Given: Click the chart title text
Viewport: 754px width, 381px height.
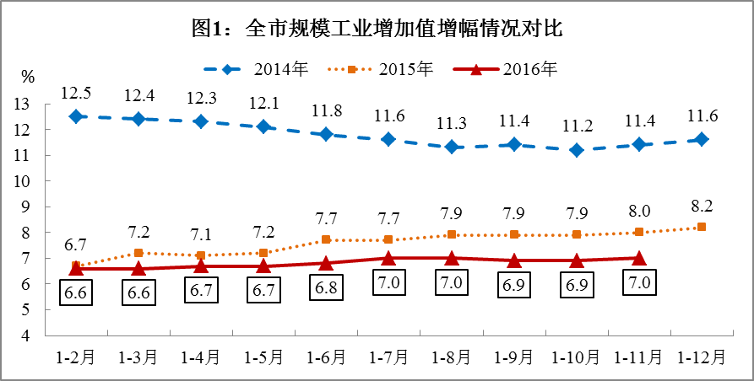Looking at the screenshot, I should click(x=377, y=29).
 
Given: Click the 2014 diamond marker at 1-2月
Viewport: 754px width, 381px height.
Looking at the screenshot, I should click(x=76, y=116).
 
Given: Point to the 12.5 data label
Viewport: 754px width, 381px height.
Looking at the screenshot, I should click(x=76, y=93).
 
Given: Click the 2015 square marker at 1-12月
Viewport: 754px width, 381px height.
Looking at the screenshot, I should click(x=702, y=227).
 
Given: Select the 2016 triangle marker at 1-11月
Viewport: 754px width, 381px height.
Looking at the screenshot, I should click(x=639, y=258).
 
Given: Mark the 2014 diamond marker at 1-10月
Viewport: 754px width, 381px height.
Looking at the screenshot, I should click(x=577, y=150).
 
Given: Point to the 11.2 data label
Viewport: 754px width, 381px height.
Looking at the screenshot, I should click(x=577, y=126).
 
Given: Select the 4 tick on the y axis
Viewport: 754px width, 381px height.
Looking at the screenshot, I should click(x=26, y=335).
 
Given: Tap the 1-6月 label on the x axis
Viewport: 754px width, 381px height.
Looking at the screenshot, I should click(x=326, y=357).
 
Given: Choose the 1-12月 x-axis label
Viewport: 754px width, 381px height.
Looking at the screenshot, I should click(x=702, y=357).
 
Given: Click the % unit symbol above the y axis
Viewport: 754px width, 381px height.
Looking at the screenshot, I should click(x=28, y=78).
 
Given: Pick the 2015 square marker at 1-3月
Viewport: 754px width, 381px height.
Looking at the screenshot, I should click(x=138, y=253).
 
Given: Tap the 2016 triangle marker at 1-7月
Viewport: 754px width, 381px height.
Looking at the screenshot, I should click(x=388, y=258).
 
